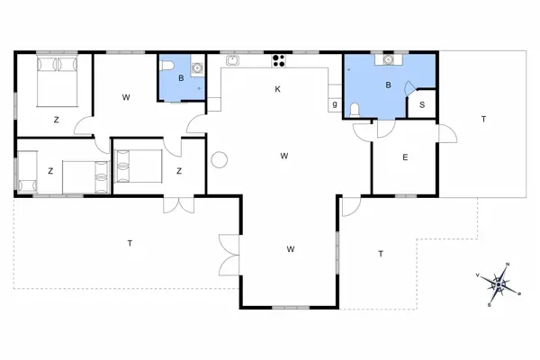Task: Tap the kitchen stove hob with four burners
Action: (x=278, y=62)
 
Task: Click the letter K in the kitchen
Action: (x=278, y=88)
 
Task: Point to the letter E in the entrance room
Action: (x=405, y=157)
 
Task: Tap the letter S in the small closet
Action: (x=422, y=105)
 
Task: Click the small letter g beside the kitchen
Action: (x=335, y=104)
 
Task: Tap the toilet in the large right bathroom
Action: (x=356, y=109)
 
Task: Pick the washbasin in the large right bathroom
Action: (x=389, y=60)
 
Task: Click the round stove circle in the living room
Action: (x=219, y=160)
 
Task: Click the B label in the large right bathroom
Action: (x=388, y=85)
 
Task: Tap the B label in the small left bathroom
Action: (x=181, y=78)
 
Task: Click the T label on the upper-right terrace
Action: (x=483, y=119)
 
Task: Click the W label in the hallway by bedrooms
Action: (x=126, y=97)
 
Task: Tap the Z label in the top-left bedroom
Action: (x=56, y=119)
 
